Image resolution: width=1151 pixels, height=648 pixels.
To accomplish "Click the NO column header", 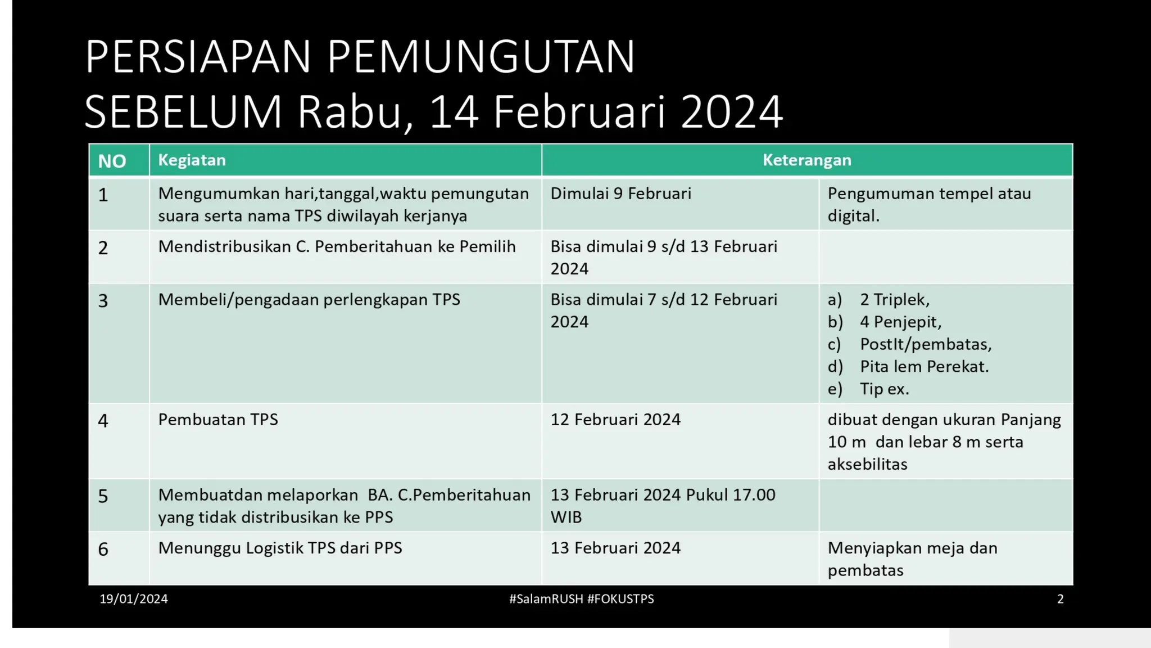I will click(112, 161).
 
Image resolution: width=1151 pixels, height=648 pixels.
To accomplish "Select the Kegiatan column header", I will click(192, 160).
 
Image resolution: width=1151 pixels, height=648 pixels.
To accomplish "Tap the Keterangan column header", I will click(806, 160).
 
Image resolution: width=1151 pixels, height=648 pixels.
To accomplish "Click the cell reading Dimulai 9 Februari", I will click(620, 194).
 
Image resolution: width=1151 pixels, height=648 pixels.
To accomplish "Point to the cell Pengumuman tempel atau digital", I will click(929, 204).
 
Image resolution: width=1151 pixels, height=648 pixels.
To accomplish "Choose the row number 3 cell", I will click(103, 301).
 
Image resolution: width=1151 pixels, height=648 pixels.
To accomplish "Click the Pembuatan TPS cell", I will click(218, 420).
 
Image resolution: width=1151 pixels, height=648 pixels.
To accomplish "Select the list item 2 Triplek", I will click(894, 300).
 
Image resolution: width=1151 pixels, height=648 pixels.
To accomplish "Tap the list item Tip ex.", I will click(884, 389).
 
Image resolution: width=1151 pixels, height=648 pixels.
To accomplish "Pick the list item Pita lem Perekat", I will click(924, 367).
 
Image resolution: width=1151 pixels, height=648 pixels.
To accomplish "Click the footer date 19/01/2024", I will click(134, 599).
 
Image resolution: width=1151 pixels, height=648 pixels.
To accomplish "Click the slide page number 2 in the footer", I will click(1060, 599).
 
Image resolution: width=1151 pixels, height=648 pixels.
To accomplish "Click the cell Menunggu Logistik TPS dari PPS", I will click(280, 548).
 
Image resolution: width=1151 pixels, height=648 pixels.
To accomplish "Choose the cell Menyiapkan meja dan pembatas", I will click(912, 559).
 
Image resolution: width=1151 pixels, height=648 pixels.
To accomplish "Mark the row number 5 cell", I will click(103, 496).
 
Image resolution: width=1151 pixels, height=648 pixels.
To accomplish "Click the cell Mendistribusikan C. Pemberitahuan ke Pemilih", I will click(337, 247).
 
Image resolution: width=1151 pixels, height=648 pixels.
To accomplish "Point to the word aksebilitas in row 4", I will click(867, 465).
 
